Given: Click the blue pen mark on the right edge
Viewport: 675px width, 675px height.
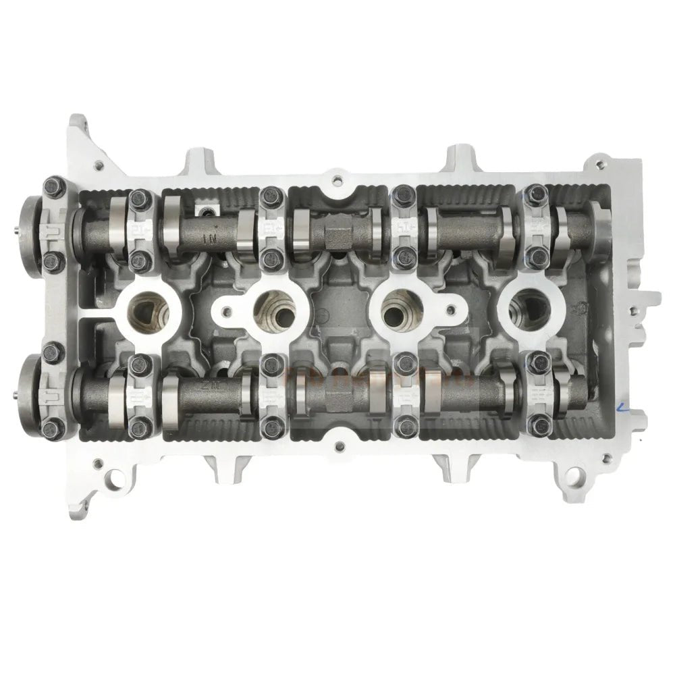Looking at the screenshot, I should [x=622, y=406].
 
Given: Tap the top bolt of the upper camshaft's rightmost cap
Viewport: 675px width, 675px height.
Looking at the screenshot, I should [x=538, y=192].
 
